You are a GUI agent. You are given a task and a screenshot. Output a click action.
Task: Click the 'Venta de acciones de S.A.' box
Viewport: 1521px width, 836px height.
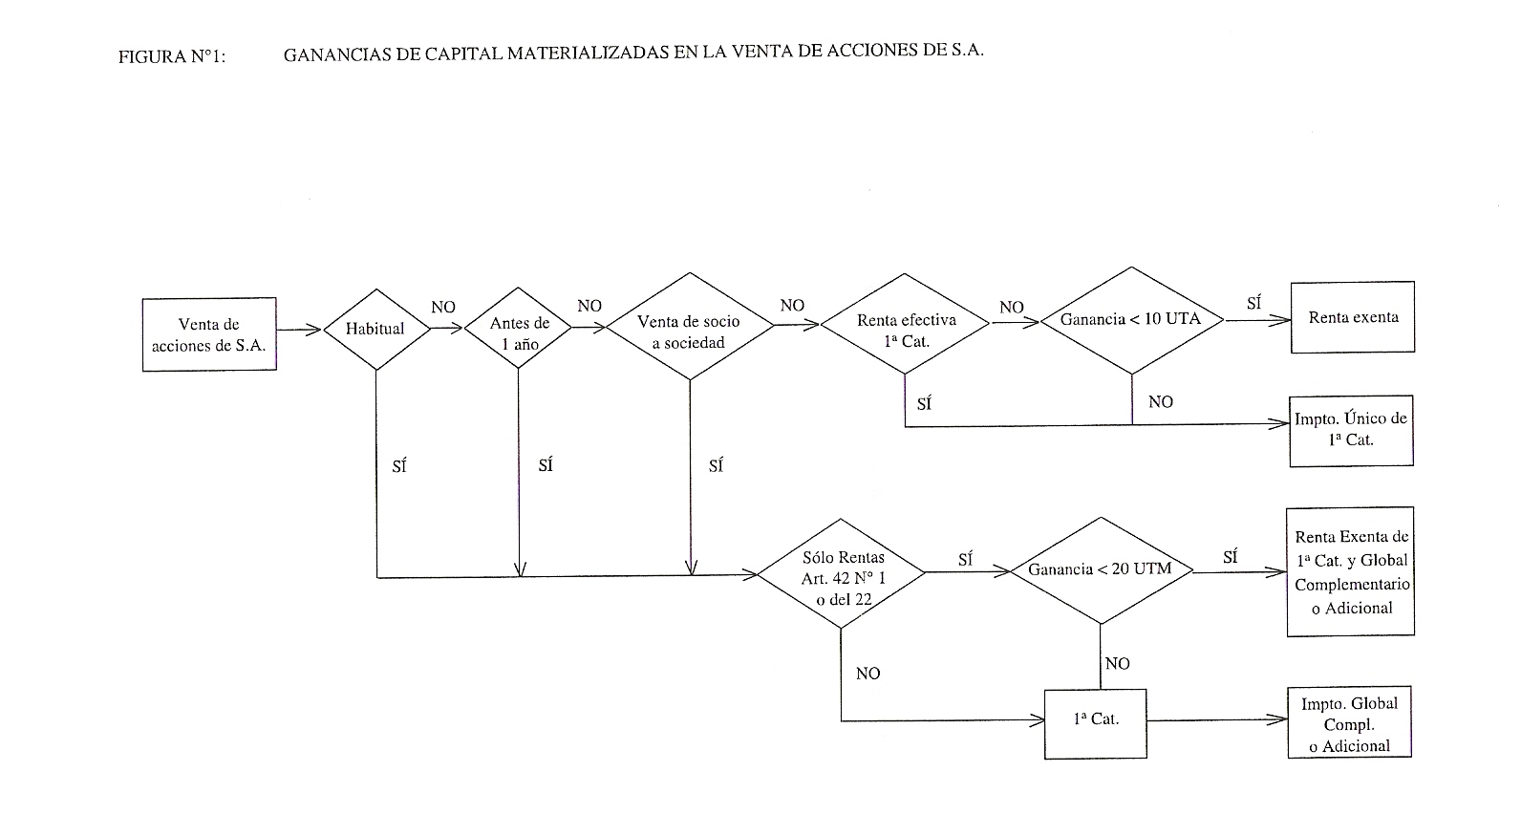pos(209,334)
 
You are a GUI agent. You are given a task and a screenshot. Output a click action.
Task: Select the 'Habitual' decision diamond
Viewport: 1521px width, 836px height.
pos(376,330)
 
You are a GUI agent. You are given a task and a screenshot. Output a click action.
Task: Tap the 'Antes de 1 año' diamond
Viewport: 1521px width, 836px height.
pos(518,328)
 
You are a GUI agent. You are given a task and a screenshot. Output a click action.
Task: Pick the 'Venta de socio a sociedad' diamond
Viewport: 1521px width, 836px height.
pos(690,326)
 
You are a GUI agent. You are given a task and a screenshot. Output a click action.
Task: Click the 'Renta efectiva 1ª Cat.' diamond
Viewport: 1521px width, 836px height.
pos(905,324)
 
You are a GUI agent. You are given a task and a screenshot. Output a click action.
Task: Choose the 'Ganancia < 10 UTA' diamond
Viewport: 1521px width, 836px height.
pos(1131,320)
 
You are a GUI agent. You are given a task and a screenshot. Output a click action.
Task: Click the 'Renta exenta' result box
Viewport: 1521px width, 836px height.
pos(1353,317)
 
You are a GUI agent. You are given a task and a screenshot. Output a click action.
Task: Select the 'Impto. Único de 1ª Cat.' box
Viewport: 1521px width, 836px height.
pos(1351,431)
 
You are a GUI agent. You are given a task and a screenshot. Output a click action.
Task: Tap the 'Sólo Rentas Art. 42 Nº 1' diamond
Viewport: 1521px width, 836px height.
pos(841,574)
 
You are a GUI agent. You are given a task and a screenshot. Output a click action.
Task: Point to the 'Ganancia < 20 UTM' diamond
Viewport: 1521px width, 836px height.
pos(1101,570)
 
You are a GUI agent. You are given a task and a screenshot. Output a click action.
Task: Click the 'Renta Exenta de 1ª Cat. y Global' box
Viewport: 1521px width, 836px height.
pos(1351,571)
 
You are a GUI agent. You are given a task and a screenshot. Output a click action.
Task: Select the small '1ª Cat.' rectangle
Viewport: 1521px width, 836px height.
pos(1095,724)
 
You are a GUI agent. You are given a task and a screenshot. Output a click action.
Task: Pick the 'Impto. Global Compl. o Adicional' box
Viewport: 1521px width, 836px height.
pos(1349,722)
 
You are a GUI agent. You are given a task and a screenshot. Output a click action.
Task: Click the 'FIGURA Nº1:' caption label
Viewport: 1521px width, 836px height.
pos(172,56)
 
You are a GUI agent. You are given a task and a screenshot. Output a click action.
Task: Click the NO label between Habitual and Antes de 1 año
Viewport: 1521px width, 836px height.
pos(443,307)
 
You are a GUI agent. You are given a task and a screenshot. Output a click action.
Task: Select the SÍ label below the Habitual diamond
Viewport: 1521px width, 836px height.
pos(399,466)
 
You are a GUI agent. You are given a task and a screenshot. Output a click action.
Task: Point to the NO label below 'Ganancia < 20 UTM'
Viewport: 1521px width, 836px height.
pos(1118,663)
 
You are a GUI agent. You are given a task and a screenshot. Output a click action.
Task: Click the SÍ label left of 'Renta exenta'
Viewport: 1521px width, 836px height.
pos(1253,303)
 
